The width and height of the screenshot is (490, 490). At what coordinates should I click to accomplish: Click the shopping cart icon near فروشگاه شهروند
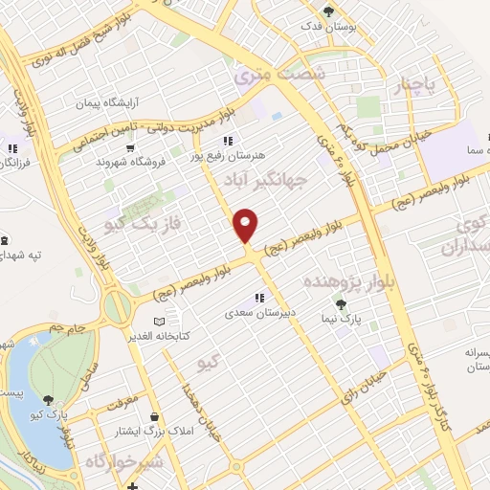point(130,147)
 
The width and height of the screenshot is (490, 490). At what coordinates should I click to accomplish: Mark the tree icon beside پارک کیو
point(49,399)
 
